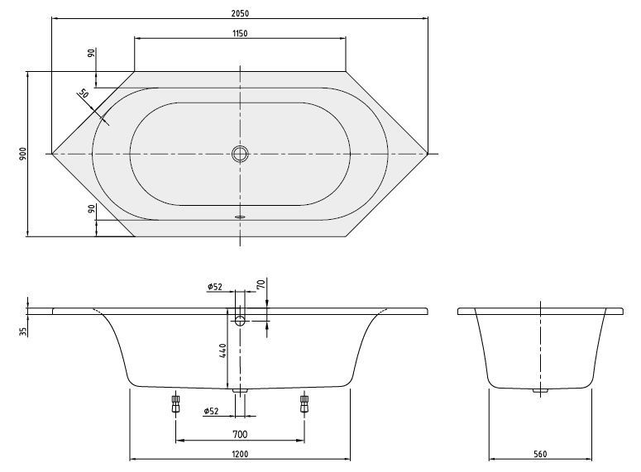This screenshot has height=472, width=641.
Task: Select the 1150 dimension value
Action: (240, 32)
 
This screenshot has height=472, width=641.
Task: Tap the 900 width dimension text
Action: (23, 154)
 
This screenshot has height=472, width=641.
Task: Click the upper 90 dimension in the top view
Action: (90, 55)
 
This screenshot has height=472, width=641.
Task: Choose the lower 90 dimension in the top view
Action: (90, 211)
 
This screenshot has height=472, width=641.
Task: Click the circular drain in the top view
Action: (240, 154)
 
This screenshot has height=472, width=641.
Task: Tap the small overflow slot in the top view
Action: (240, 217)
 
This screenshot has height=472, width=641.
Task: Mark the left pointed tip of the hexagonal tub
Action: (52, 154)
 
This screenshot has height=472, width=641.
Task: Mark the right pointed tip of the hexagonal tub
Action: (428, 154)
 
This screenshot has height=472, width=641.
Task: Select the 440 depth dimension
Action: (222, 351)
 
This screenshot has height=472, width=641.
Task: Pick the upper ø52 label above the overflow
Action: (214, 287)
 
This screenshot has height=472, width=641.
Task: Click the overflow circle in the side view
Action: (240, 320)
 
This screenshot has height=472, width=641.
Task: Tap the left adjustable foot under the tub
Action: (175, 404)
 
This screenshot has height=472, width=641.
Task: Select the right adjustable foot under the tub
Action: (304, 404)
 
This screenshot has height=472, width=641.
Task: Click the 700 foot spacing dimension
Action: (240, 433)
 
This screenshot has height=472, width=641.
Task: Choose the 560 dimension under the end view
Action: (540, 454)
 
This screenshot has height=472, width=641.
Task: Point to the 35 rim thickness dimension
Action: (23, 331)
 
